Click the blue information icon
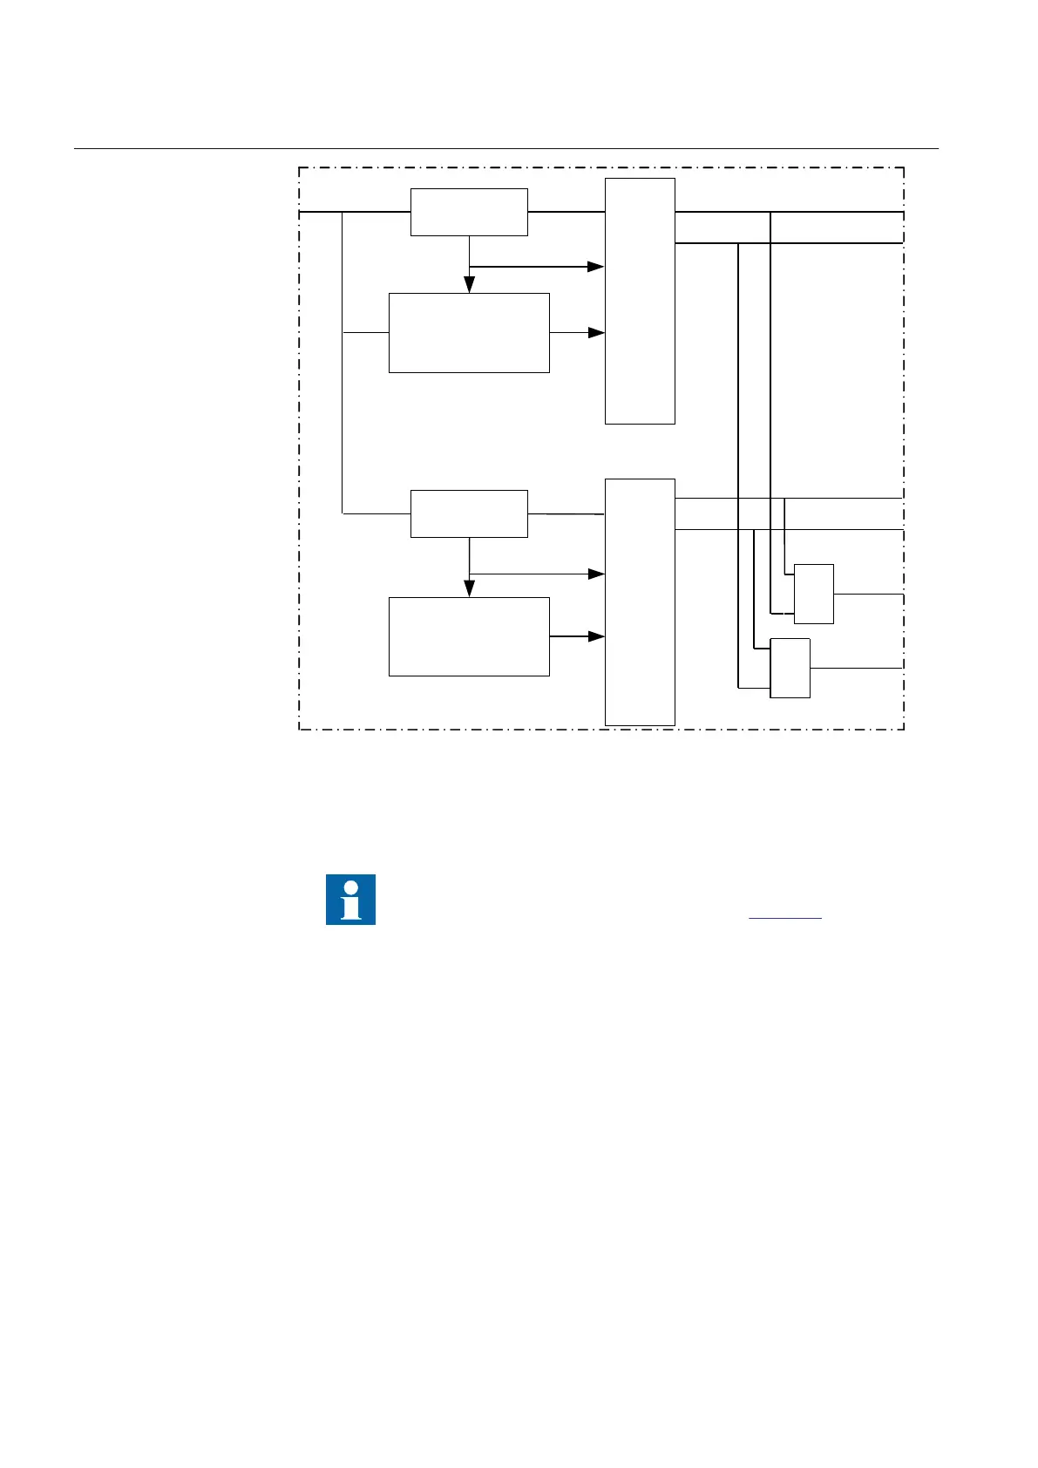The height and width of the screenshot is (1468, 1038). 350,899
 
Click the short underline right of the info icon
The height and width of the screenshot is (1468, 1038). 784,918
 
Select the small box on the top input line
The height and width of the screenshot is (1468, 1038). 469,212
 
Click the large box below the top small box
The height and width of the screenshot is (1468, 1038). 469,333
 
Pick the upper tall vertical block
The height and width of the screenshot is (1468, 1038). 640,301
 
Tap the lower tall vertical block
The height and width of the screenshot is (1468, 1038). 640,601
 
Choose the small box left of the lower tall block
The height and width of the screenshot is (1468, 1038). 469,513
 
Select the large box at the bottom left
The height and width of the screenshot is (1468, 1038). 469,636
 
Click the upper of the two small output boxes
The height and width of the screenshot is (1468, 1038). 813,594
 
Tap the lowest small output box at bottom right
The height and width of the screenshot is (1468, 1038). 790,668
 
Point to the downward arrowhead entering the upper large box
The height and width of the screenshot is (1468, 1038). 469,285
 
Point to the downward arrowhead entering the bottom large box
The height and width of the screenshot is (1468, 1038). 469,588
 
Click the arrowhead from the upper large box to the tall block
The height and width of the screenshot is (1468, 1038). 596,333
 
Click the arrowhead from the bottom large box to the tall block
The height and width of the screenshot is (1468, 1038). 596,636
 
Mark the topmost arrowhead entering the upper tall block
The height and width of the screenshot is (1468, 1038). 596,267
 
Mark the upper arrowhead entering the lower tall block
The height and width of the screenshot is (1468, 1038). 596,574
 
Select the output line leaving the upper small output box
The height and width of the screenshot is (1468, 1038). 867,594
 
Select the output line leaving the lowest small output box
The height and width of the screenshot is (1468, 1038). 856,668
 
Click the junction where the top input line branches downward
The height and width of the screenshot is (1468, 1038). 343,212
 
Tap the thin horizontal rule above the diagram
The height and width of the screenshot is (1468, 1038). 505,149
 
